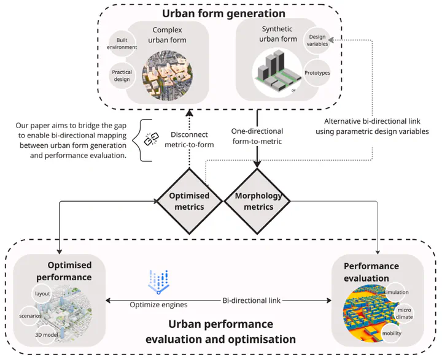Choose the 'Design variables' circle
[317, 40]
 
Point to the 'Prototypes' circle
[317, 72]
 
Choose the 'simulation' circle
[395, 293]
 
